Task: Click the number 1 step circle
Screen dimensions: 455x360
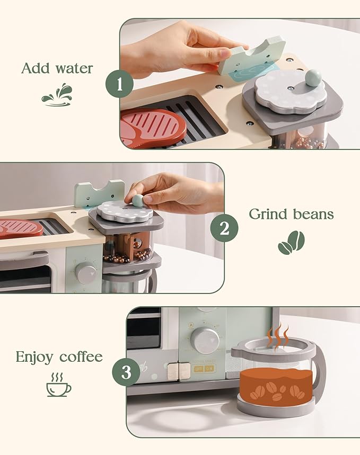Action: click(119, 84)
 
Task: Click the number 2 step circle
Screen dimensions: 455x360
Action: click(224, 229)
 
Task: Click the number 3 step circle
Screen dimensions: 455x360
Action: click(126, 372)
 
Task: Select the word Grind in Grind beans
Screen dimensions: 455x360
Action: click(268, 214)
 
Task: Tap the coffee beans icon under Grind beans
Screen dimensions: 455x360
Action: click(291, 242)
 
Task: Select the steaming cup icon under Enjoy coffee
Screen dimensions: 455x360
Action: click(58, 385)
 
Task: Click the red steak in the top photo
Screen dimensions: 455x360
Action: click(153, 128)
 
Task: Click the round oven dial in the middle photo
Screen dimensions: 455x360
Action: click(86, 272)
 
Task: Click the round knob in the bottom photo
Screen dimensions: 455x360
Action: click(205, 339)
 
